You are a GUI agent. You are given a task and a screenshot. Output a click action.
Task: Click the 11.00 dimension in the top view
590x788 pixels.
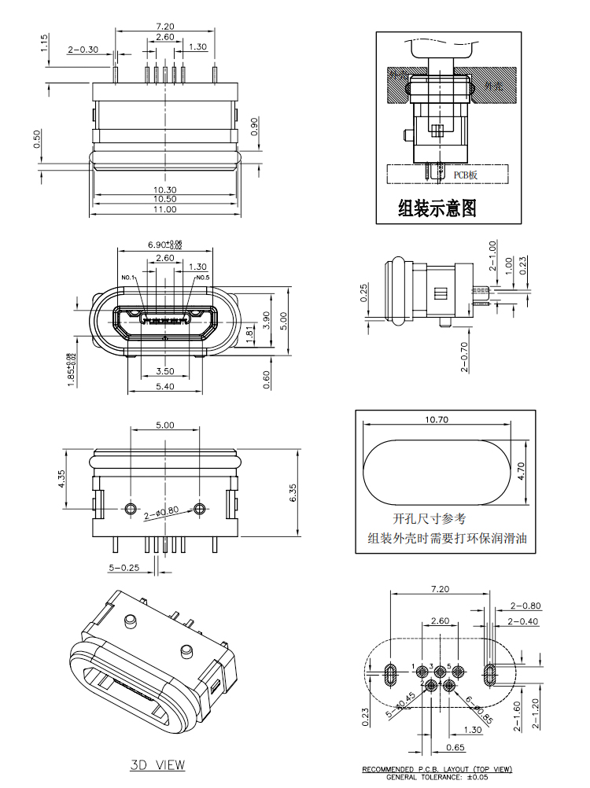coord(164,209)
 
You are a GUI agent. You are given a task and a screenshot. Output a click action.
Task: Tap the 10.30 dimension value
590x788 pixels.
coord(164,190)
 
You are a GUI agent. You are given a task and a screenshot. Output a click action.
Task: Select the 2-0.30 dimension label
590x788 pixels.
coord(83,49)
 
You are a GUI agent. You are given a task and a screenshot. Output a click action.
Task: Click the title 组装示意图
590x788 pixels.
coord(437,208)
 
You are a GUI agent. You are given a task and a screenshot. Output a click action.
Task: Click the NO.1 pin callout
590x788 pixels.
coord(129,278)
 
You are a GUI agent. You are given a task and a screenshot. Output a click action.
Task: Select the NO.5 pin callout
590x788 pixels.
coord(202,278)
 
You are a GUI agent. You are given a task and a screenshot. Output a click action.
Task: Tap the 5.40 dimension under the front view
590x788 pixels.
coord(164,386)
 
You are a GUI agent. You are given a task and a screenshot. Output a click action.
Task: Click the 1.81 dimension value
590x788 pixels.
coord(249,333)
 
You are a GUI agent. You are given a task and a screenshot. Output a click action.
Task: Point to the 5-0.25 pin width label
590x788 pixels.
coord(124,566)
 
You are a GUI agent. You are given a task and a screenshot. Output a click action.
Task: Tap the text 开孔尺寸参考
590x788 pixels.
coord(429,519)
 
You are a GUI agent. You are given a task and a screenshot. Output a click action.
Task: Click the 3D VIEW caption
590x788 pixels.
coord(157,764)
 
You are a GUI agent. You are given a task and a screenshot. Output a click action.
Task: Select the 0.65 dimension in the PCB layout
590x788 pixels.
coord(454,747)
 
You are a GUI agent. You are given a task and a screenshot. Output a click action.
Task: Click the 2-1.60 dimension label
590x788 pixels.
coord(518,716)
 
